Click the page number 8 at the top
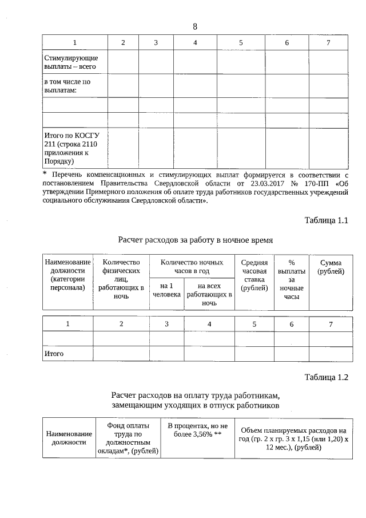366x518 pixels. pos(195,26)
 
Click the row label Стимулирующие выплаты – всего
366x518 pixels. pos(71,62)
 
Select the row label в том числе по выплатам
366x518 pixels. pos(67,86)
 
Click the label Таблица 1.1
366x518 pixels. pos(327,220)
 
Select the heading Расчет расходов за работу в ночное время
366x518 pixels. pos(195,240)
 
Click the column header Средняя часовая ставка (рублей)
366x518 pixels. pos(254,275)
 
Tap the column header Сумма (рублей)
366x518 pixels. pos(331,266)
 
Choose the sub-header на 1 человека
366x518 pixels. pos(166,289)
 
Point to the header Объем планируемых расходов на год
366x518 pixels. pos(293,438)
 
